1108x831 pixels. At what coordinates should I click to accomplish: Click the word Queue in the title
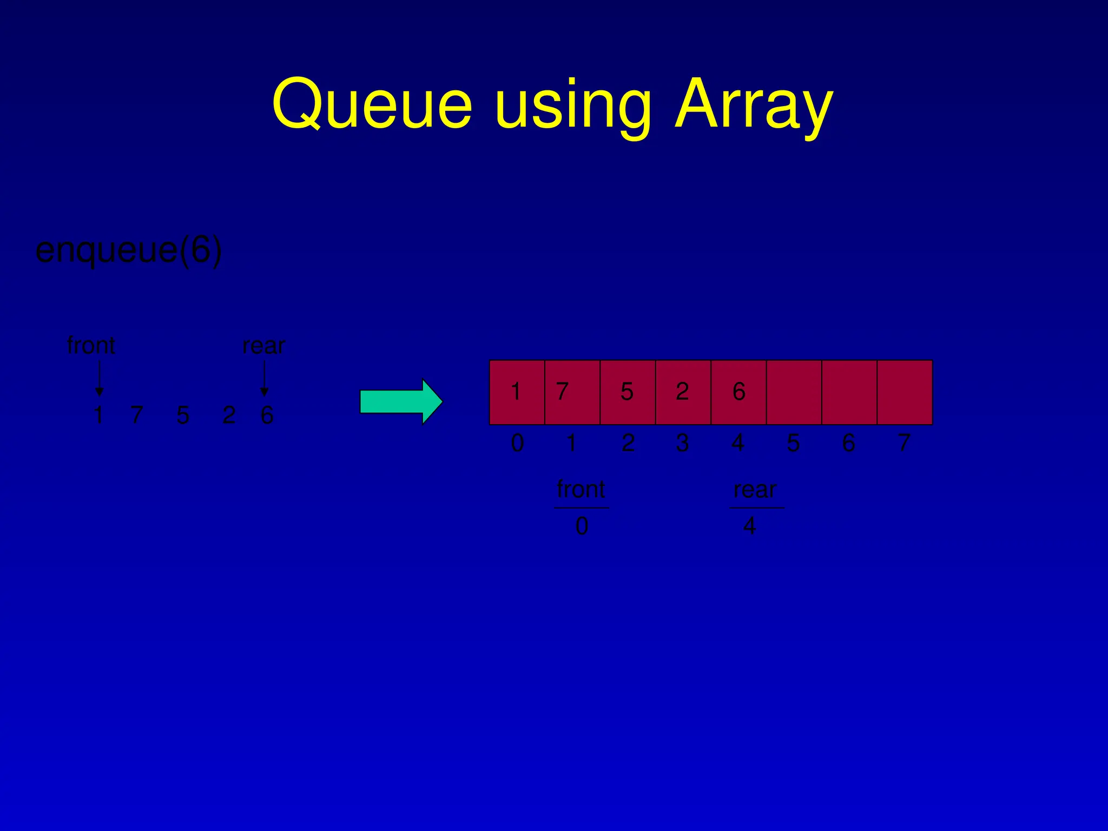(x=372, y=104)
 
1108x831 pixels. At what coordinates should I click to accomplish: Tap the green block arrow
(x=401, y=402)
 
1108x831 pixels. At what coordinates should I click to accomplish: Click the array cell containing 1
(x=517, y=392)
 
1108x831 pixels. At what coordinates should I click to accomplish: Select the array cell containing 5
(x=628, y=392)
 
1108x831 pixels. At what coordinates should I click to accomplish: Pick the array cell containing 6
(x=738, y=392)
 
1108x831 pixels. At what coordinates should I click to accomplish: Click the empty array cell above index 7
(x=905, y=392)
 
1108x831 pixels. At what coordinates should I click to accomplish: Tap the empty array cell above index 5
(x=794, y=392)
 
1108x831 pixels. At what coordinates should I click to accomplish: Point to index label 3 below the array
(x=682, y=443)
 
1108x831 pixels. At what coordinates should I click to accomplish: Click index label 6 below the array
(x=848, y=443)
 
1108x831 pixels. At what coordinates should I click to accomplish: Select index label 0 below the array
(x=517, y=443)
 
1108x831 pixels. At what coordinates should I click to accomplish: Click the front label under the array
(x=581, y=490)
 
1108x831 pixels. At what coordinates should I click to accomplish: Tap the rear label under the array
(x=755, y=490)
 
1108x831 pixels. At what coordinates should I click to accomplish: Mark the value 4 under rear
(x=749, y=526)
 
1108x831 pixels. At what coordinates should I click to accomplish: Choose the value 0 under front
(x=582, y=526)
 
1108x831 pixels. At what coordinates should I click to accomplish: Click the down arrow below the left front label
(x=99, y=379)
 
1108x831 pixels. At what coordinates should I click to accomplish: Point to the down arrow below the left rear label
(x=264, y=379)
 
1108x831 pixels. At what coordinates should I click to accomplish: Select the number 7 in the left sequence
(x=137, y=415)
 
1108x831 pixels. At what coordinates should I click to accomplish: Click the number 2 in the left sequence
(x=229, y=415)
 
